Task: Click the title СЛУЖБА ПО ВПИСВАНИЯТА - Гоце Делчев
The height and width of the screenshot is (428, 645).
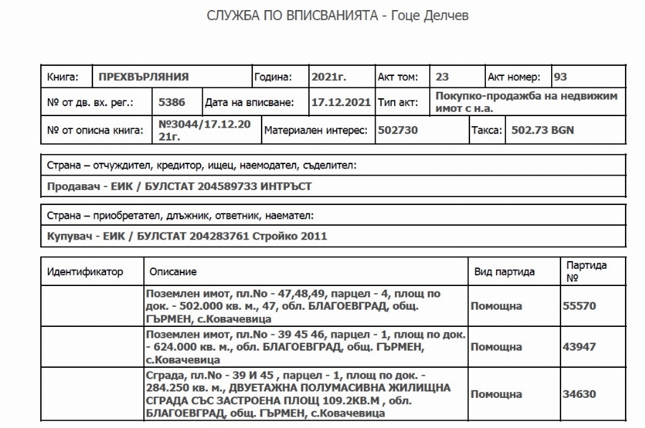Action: pyautogui.click(x=337, y=16)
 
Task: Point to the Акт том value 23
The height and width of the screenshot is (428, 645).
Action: pyautogui.click(x=442, y=77)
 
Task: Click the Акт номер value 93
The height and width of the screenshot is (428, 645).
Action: pyautogui.click(x=560, y=77)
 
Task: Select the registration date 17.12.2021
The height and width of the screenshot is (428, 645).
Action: pyautogui.click(x=340, y=103)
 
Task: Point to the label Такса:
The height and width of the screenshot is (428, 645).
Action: pyautogui.click(x=484, y=130)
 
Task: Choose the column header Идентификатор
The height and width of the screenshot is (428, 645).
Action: pyautogui.click(x=85, y=272)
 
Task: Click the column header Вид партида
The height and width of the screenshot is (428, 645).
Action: pyautogui.click(x=505, y=272)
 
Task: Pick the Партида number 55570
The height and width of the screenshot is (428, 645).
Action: pyautogui.click(x=580, y=306)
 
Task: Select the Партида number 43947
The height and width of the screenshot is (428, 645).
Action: pyautogui.click(x=580, y=347)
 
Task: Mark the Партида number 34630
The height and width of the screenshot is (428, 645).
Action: pyautogui.click(x=580, y=394)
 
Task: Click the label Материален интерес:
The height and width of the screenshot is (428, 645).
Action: pyautogui.click(x=315, y=130)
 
